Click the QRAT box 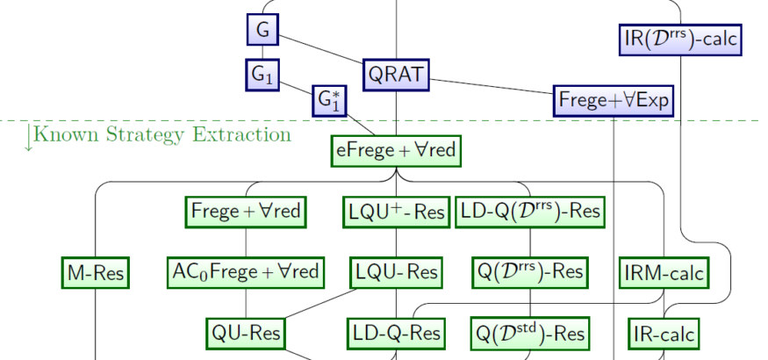pyautogui.click(x=397, y=76)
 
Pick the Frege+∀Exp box pyautogui.click(x=614, y=100)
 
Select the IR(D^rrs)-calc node pyautogui.click(x=680, y=39)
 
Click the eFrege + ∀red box pyautogui.click(x=397, y=150)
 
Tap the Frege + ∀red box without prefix pyautogui.click(x=246, y=212)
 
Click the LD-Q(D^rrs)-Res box pyautogui.click(x=531, y=212)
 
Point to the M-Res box pyautogui.click(x=95, y=273)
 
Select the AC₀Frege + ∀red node pyautogui.click(x=246, y=271)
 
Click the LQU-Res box pyautogui.click(x=397, y=273)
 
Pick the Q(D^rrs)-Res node pyautogui.click(x=530, y=271)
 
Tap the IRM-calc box pyautogui.click(x=664, y=273)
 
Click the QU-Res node pyautogui.click(x=246, y=333)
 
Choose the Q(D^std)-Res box pyautogui.click(x=530, y=333)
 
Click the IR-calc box pyautogui.click(x=664, y=334)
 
